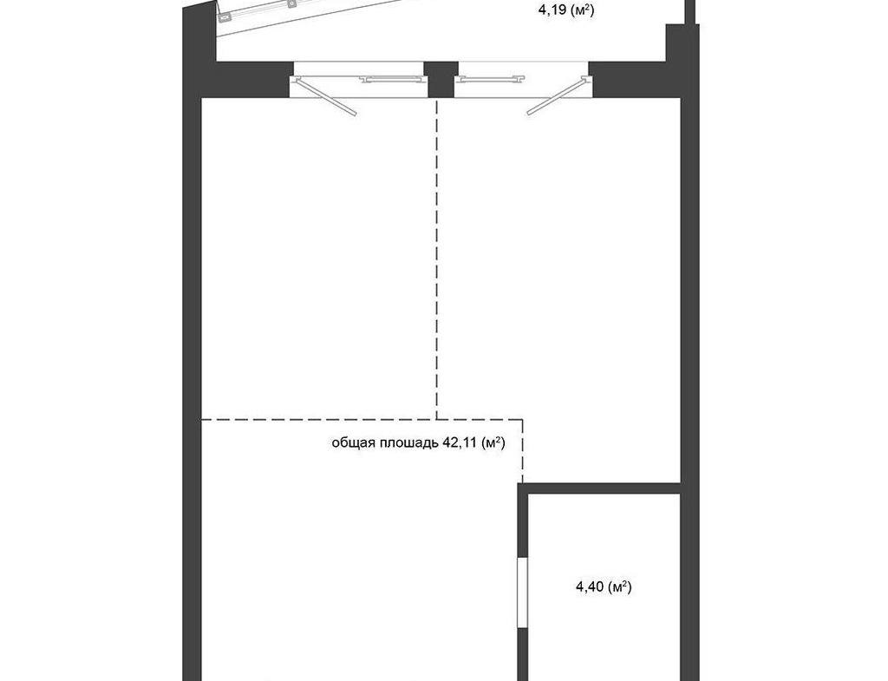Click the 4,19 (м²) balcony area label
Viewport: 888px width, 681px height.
click(x=565, y=10)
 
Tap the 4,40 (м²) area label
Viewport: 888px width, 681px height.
click(x=604, y=587)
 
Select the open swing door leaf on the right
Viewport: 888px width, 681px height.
click(x=558, y=96)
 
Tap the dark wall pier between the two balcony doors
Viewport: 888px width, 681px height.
click(x=441, y=79)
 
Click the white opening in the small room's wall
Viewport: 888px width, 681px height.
click(x=523, y=593)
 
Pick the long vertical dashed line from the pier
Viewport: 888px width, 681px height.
click(x=437, y=259)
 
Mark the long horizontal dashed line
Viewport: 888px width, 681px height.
click(x=362, y=420)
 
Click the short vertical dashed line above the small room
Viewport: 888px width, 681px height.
click(x=522, y=451)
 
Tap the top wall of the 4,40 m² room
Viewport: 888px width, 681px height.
click(x=599, y=488)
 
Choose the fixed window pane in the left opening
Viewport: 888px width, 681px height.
click(x=394, y=79)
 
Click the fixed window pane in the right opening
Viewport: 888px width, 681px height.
click(x=490, y=79)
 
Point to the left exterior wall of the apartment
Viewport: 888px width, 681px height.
click(x=192, y=340)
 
